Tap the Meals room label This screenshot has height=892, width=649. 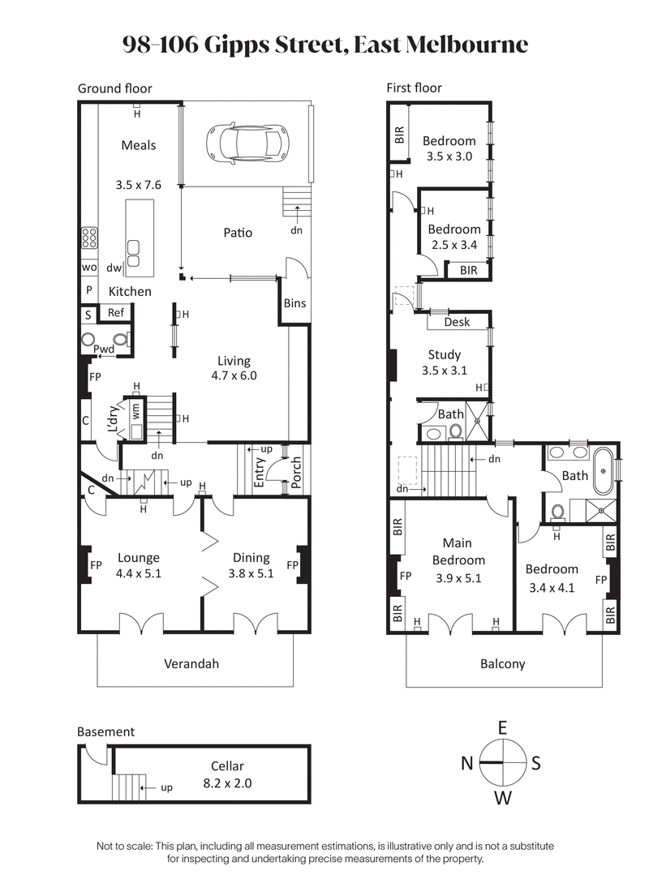(x=139, y=145)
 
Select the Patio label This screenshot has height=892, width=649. (x=238, y=233)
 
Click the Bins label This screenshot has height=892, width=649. (x=294, y=303)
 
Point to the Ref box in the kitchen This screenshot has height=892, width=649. (x=116, y=313)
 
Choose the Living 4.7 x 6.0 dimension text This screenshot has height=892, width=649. (x=234, y=375)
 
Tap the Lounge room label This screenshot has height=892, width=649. (x=138, y=558)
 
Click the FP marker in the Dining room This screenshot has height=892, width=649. (x=293, y=564)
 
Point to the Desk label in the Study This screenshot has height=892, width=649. (x=457, y=322)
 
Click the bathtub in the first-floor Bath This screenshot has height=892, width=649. (x=603, y=470)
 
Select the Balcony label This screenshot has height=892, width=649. (x=503, y=663)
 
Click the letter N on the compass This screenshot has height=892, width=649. (x=467, y=763)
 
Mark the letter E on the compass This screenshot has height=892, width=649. (x=503, y=726)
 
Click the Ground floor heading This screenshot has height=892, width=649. (x=114, y=88)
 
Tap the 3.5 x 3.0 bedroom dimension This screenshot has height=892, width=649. (x=449, y=156)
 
